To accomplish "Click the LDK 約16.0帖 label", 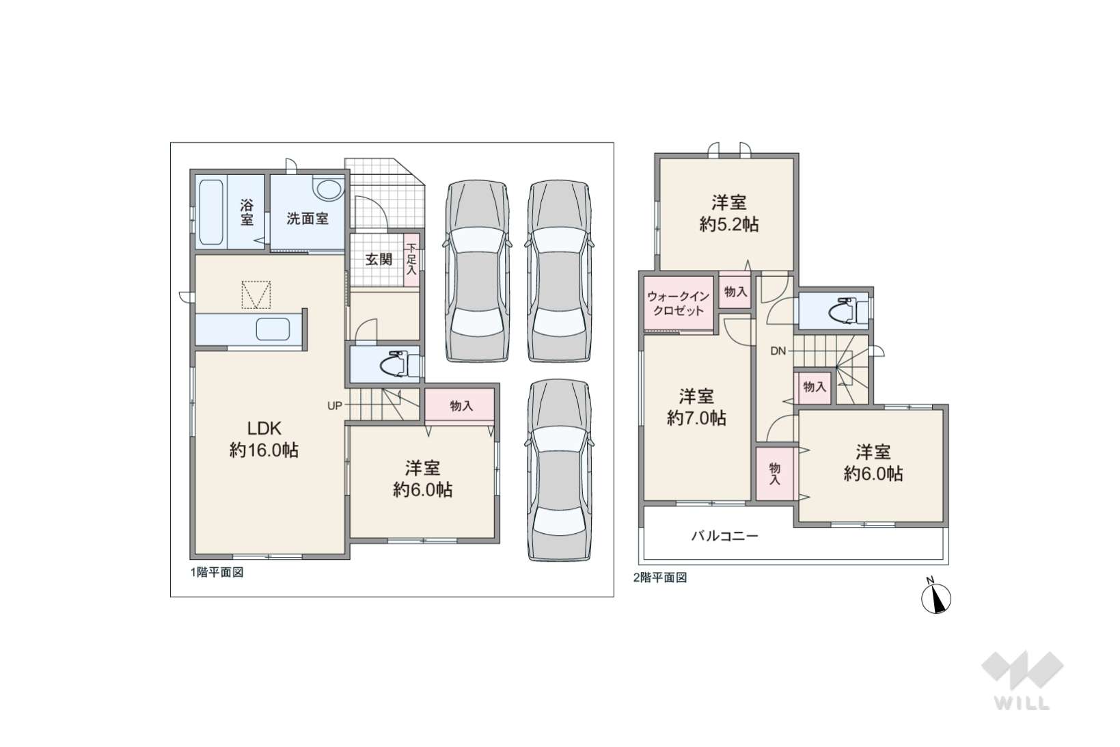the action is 264,439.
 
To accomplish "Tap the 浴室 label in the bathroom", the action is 247,212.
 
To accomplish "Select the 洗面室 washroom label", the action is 308,219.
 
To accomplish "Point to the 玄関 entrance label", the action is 379,259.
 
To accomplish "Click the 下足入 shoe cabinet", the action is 411,260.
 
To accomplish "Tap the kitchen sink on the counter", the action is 273,329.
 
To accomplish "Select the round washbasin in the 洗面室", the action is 328,189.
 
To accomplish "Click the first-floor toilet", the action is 398,364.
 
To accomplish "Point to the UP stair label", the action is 335,405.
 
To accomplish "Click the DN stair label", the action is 778,351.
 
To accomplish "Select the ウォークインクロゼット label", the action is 679,303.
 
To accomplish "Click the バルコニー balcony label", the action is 725,537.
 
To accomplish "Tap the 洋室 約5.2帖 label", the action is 729,213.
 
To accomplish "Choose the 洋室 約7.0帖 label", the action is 696,407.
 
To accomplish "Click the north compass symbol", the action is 936,597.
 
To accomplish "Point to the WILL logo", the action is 1022,680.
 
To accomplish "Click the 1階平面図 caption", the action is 217,573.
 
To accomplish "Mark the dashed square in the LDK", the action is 256,295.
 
